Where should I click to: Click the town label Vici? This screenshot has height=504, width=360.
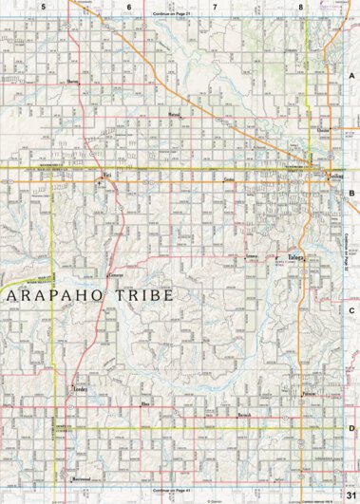click(x=107, y=176)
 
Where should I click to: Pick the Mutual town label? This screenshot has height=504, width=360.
click(x=174, y=113)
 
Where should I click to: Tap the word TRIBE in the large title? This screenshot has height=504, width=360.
click(x=142, y=295)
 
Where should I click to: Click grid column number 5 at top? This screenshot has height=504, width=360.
click(x=44, y=7)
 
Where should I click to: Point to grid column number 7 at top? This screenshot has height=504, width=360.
click(x=215, y=7)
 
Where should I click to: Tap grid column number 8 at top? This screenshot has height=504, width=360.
click(x=300, y=7)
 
